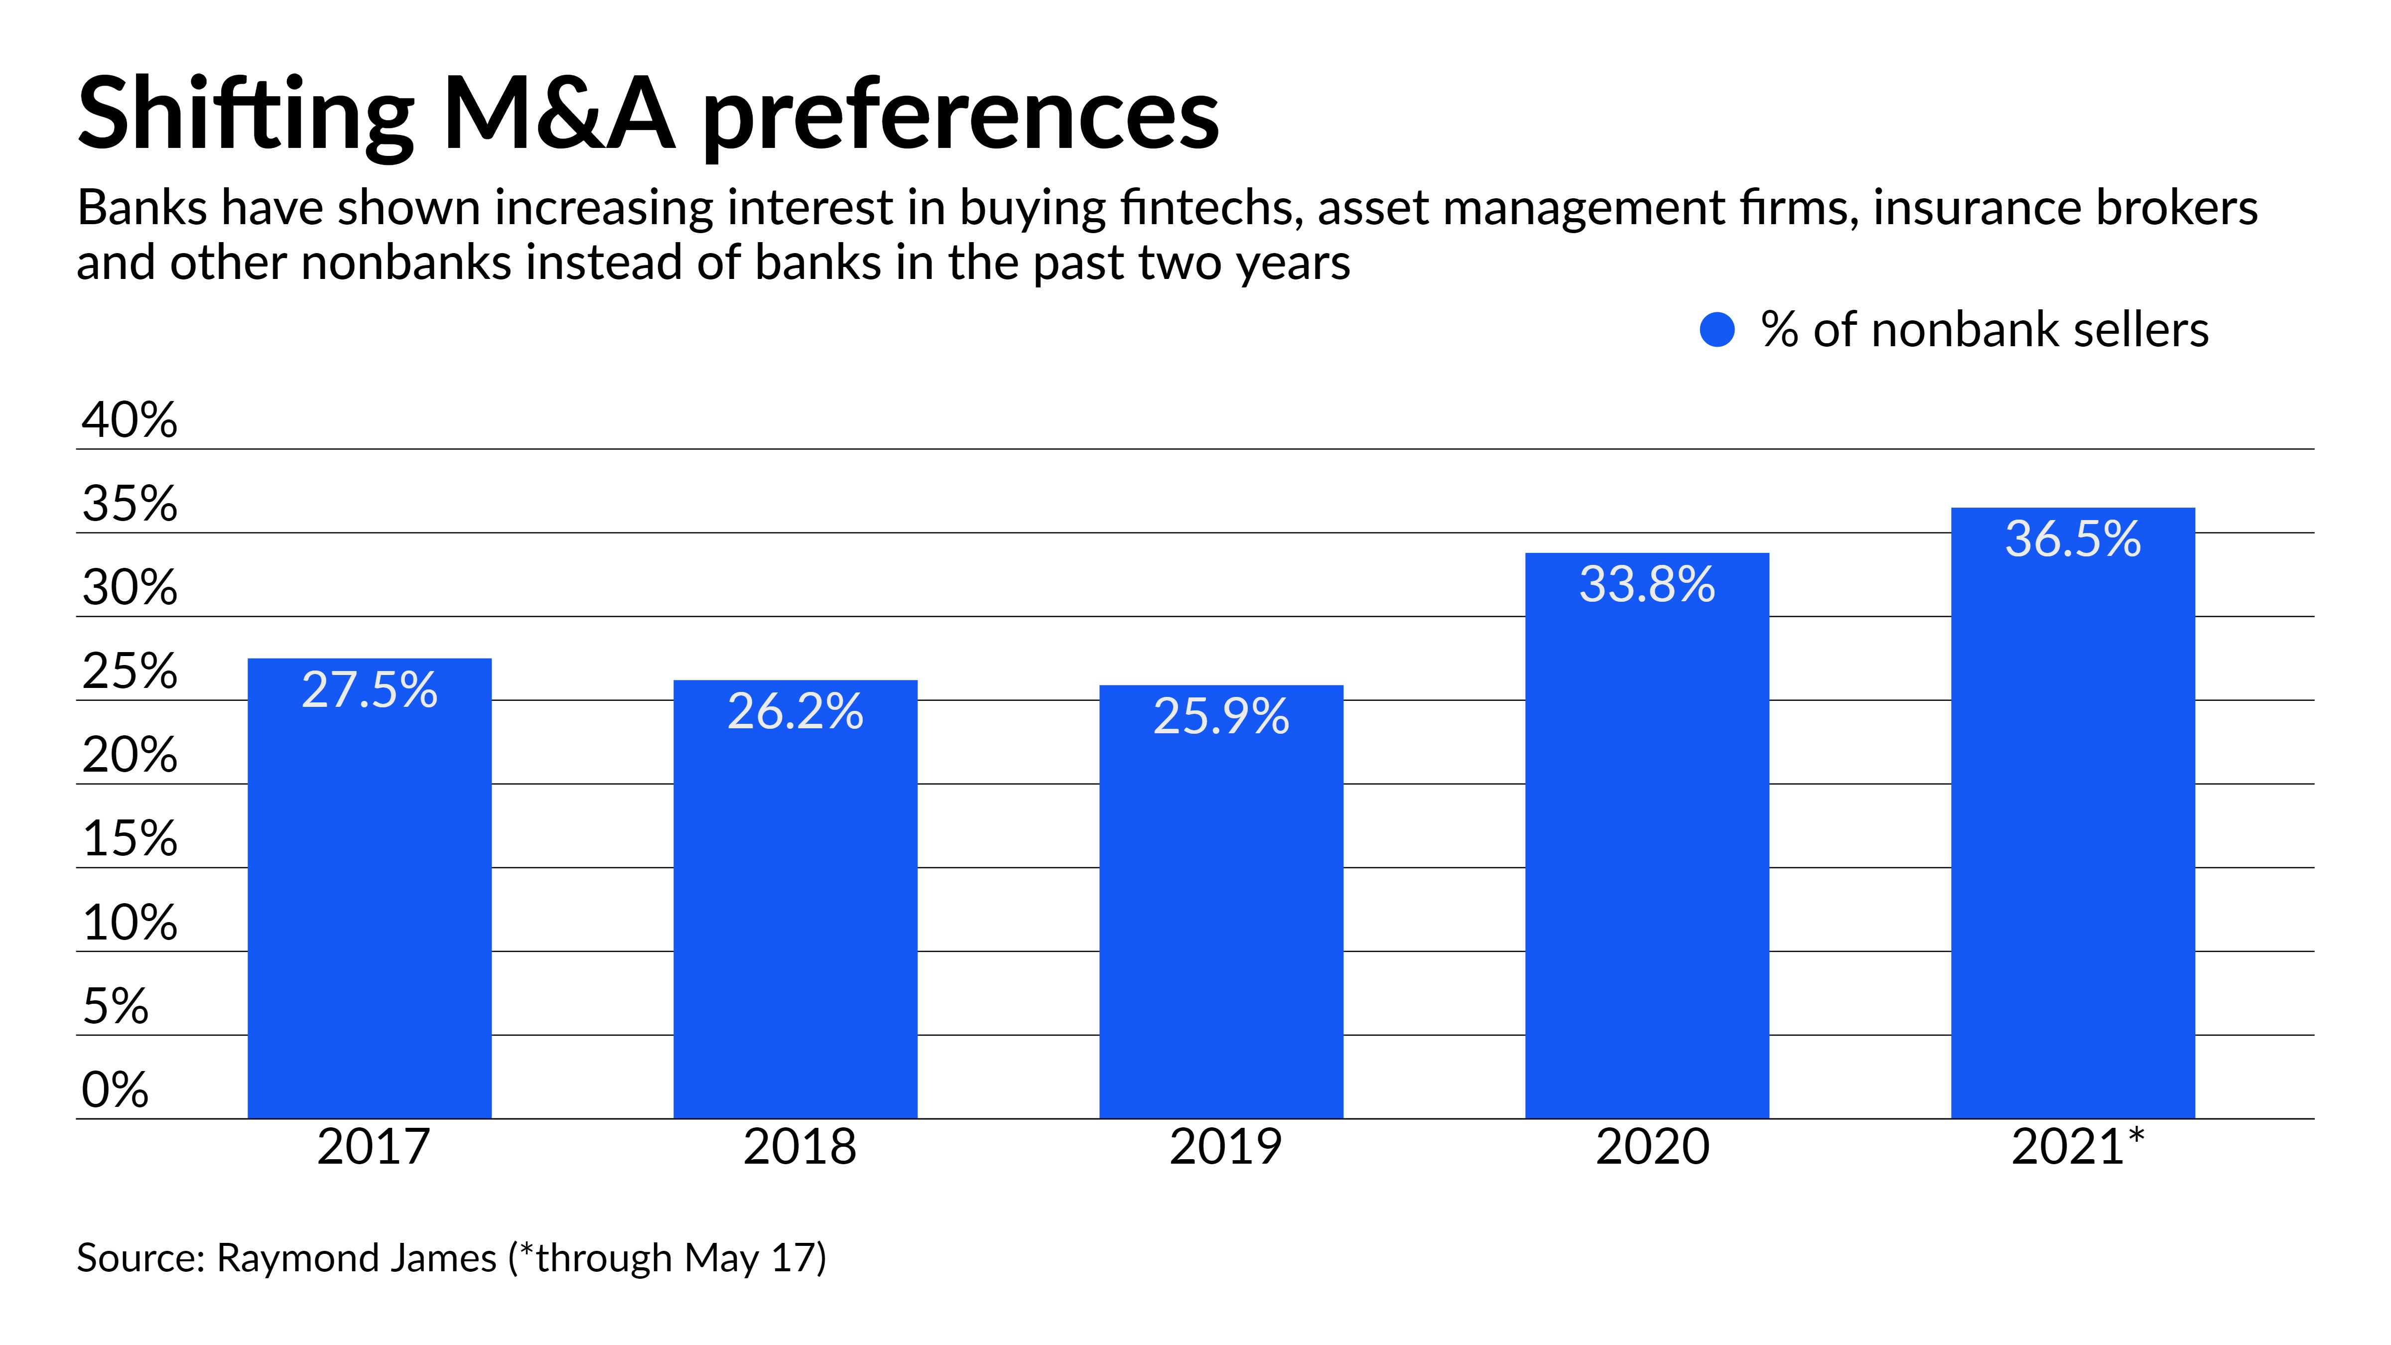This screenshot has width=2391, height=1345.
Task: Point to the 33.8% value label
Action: [1647, 585]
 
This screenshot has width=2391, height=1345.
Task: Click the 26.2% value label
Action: [796, 712]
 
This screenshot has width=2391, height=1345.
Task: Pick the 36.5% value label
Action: [2073, 539]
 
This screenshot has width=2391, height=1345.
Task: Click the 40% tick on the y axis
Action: [129, 420]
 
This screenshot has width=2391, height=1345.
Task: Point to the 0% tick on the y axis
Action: [115, 1090]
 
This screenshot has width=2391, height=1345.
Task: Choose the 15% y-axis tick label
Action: [129, 839]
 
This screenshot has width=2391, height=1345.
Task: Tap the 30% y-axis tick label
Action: [129, 588]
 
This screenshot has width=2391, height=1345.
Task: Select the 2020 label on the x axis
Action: [1652, 1147]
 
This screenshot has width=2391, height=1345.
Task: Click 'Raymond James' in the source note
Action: [357, 1259]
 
